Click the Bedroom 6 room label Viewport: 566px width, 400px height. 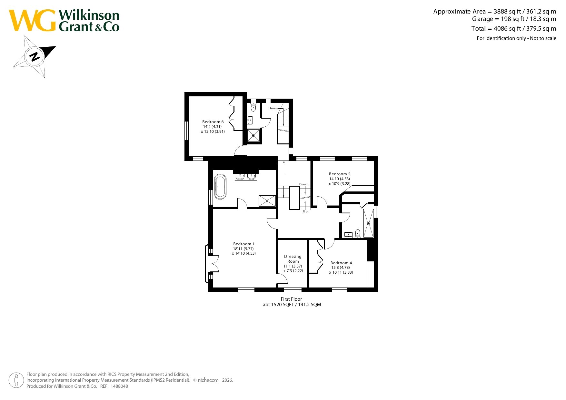pyautogui.click(x=213, y=122)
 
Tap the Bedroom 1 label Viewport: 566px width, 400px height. pyautogui.click(x=244, y=244)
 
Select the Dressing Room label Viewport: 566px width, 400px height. pyautogui.click(x=293, y=259)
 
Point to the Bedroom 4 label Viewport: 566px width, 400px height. pyautogui.click(x=341, y=263)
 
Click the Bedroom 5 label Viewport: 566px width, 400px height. pyautogui.click(x=340, y=174)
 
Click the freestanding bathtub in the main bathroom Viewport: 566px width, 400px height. pyautogui.click(x=221, y=187)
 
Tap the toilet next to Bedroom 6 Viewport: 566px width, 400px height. pyautogui.click(x=253, y=107)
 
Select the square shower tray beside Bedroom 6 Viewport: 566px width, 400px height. pyautogui.click(x=253, y=136)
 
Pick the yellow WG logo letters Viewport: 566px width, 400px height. pyautogui.click(x=32, y=21)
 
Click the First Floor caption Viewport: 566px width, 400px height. pyautogui.click(x=291, y=299)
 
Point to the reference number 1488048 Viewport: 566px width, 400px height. pyautogui.click(x=119, y=386)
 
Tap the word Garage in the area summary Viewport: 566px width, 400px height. pyautogui.click(x=483, y=19)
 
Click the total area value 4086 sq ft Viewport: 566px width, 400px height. pyautogui.click(x=507, y=28)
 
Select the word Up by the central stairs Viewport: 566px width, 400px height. pyautogui.click(x=305, y=211)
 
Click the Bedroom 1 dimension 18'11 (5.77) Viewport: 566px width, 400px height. pyautogui.click(x=243, y=249)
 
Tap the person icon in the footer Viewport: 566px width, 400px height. pyautogui.click(x=16, y=380)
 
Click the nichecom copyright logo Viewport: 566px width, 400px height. pyautogui.click(x=208, y=380)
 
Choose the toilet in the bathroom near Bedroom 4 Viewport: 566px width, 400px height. pyautogui.click(x=358, y=233)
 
